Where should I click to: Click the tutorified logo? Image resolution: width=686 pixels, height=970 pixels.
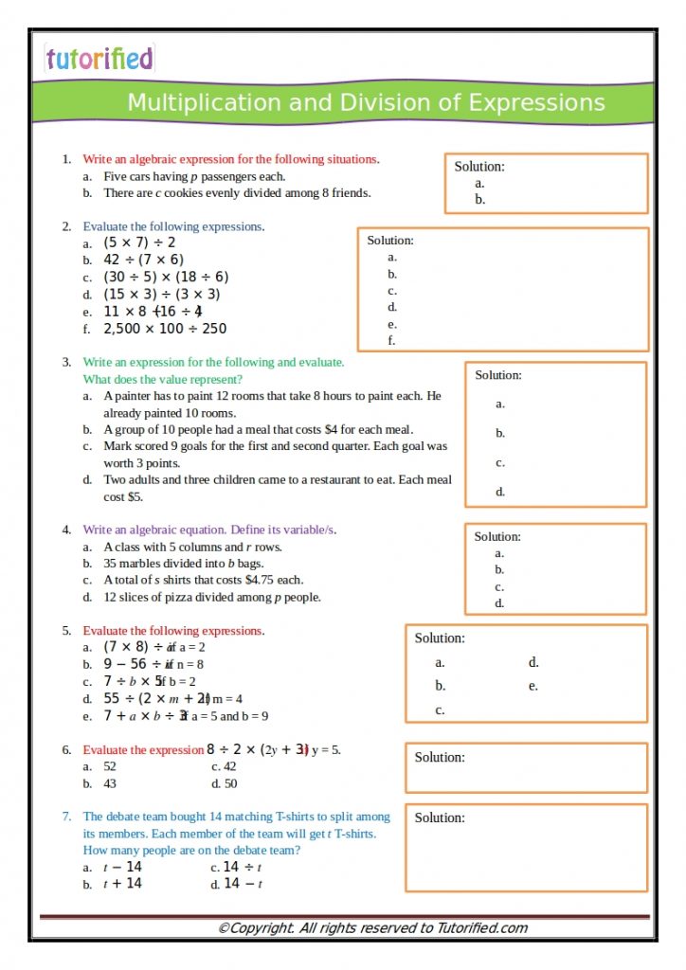pos(99,59)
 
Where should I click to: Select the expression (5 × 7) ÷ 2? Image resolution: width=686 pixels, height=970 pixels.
pos(139,242)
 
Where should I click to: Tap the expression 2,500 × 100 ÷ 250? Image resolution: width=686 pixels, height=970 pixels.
pos(165,329)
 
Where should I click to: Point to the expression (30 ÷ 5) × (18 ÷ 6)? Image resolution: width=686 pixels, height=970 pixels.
pos(166,277)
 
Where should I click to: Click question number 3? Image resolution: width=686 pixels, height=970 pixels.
pos(66,362)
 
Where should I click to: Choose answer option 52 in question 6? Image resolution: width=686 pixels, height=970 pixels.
pos(110,766)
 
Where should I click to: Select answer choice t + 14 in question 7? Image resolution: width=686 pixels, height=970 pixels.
pos(122,884)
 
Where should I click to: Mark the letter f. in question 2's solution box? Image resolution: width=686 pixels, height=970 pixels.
pos(391,341)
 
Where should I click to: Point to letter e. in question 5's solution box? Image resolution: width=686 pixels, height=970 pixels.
pos(533,686)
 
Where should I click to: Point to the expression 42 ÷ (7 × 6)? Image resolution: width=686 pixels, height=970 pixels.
pos(143,260)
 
